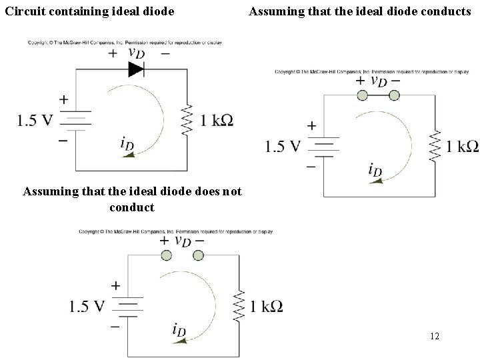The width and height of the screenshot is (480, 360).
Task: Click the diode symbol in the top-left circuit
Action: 136,69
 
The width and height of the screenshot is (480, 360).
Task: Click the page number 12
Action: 435,337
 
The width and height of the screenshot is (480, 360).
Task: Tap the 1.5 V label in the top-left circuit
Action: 35,121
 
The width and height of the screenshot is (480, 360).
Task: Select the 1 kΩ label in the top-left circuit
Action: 217,121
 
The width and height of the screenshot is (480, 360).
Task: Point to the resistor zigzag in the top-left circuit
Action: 187,120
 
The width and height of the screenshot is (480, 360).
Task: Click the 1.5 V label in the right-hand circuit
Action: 283,146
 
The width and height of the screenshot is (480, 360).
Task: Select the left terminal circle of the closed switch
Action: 362,95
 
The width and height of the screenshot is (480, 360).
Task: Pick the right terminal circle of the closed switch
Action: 394,95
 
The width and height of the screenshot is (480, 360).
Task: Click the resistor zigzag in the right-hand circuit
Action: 435,146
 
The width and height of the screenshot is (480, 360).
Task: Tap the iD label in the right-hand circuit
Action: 375,171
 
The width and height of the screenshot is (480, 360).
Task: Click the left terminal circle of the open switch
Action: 166,255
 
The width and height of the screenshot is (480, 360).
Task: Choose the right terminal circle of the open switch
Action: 198,255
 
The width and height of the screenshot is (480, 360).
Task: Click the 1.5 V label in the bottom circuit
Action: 87,306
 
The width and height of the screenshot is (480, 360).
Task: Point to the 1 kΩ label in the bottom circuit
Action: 266,307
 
